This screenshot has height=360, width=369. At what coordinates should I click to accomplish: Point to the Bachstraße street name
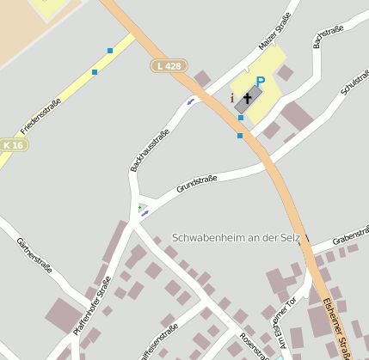click(329, 37)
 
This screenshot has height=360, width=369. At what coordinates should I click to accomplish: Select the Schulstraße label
click(354, 78)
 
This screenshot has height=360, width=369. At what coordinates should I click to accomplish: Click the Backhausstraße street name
click(149, 149)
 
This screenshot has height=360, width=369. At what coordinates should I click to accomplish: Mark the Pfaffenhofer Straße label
click(92, 304)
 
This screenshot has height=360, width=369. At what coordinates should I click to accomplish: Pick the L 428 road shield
click(169, 65)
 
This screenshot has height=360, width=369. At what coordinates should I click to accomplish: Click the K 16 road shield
click(13, 145)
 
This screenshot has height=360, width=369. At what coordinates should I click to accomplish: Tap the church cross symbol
click(248, 98)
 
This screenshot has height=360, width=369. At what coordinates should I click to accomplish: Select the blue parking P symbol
click(260, 82)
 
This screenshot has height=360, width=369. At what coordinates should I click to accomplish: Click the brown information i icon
click(232, 98)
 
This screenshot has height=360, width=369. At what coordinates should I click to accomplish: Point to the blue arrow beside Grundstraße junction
click(145, 212)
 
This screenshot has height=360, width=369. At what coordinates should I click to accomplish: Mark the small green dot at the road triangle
click(139, 207)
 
